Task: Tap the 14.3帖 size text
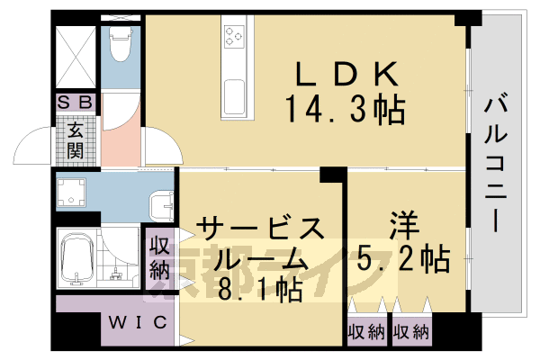click(346, 110)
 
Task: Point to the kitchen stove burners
click(235, 37)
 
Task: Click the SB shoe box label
click(75, 102)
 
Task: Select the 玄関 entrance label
click(76, 139)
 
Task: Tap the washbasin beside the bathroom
click(162, 205)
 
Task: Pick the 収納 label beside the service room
click(160, 256)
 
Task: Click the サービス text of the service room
click(258, 226)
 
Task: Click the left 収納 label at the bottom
click(366, 331)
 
